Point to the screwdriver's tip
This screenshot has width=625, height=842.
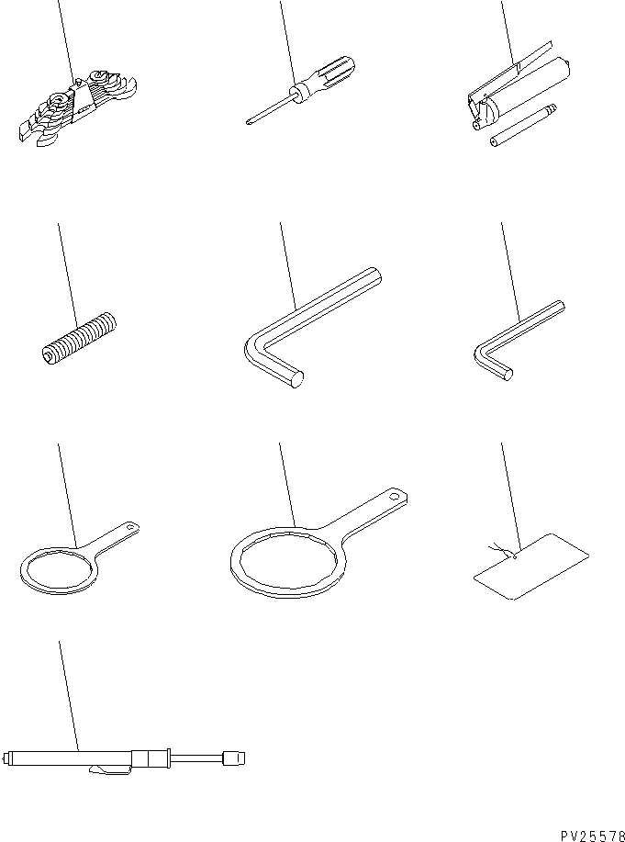(x=249, y=123)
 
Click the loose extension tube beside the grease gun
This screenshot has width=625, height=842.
(x=523, y=125)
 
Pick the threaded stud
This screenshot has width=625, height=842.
(x=79, y=339)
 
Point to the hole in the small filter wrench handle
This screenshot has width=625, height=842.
(x=130, y=528)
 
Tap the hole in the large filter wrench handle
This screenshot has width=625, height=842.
(x=396, y=496)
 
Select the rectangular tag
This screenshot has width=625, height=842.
(x=531, y=567)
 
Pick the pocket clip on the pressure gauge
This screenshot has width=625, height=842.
(x=111, y=769)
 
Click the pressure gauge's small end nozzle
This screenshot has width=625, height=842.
(x=234, y=758)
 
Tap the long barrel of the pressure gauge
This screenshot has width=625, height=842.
(x=69, y=758)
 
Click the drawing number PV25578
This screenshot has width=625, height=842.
(x=593, y=836)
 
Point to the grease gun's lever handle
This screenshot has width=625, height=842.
(x=510, y=71)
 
